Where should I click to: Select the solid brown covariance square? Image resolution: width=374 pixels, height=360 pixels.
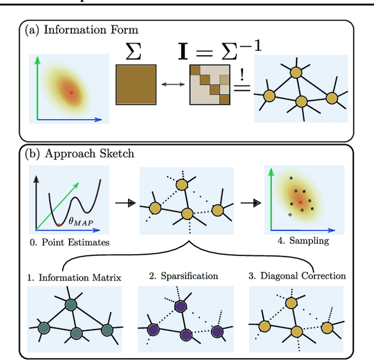pyautogui.click(x=136, y=84)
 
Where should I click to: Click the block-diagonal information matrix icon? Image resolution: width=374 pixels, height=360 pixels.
pyautogui.click(x=209, y=84)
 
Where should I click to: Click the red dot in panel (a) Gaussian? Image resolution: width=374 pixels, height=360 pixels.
pyautogui.click(x=71, y=92)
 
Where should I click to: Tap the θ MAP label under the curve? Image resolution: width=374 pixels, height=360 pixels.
pyautogui.click(x=80, y=221)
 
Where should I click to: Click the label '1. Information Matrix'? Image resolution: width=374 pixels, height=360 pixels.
pyautogui.click(x=74, y=276)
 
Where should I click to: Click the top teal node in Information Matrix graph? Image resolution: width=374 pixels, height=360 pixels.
pyautogui.click(x=71, y=304)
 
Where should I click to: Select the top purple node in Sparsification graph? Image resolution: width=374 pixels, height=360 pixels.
pyautogui.click(x=181, y=306)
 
